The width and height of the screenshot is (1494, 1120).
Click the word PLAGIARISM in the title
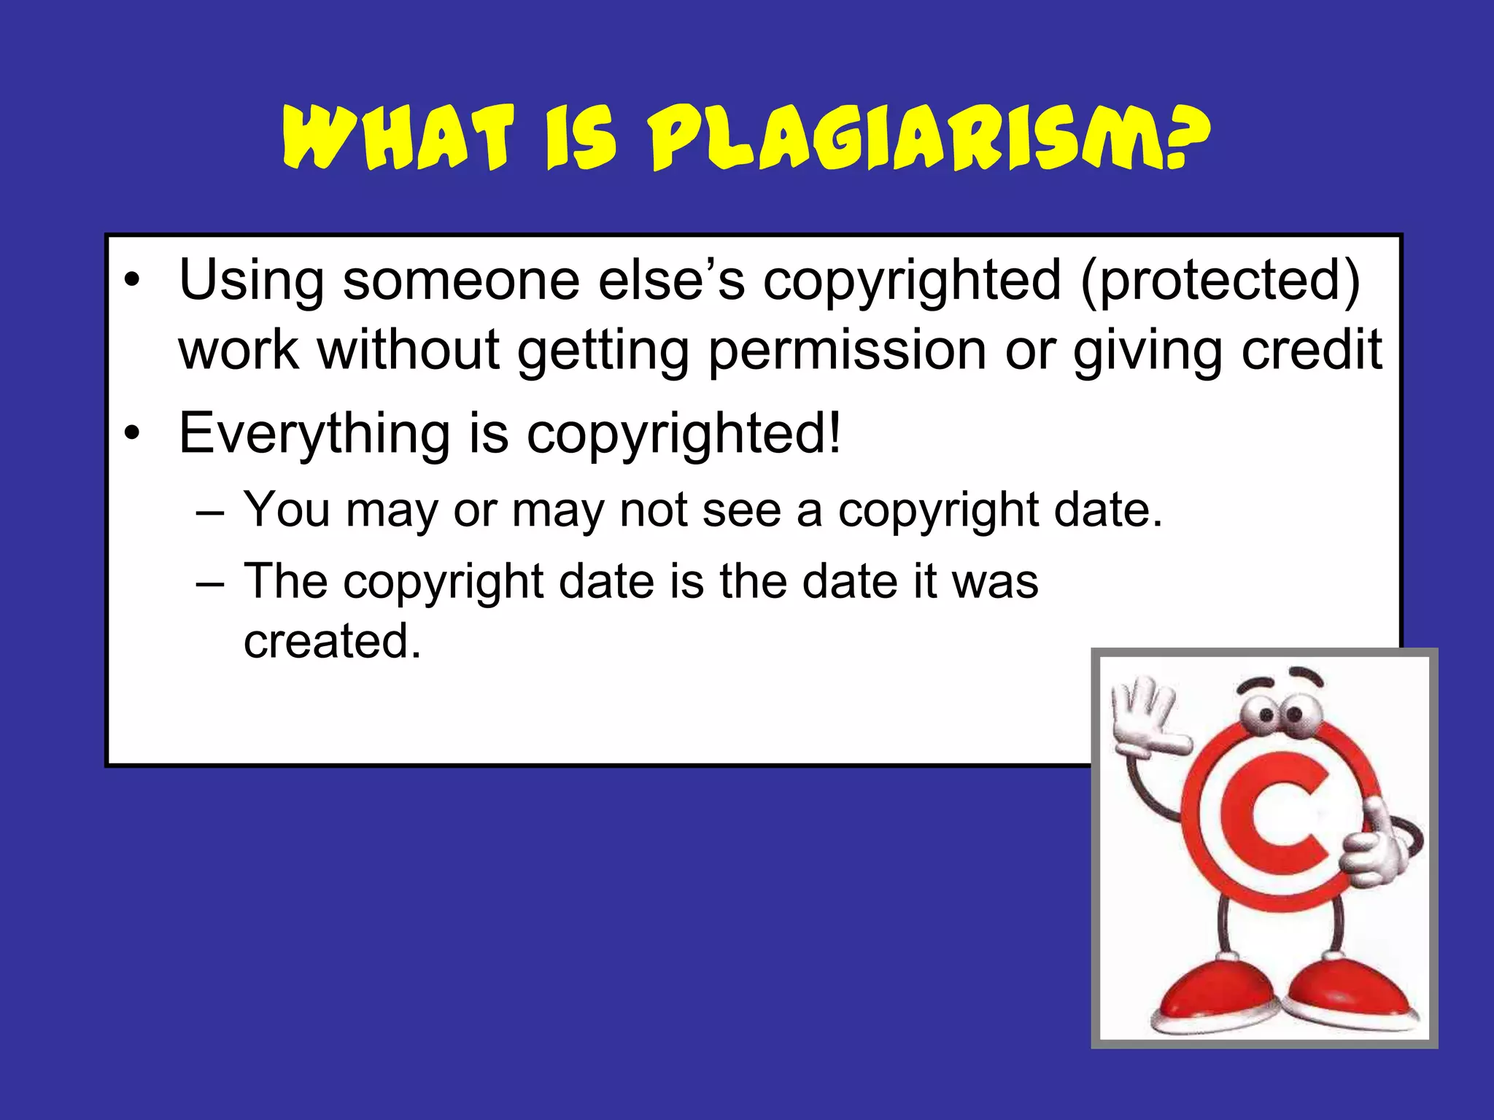[905, 139]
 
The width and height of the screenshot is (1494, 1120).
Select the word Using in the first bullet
[252, 281]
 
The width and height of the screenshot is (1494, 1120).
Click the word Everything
[314, 434]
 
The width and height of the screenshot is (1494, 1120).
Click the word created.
[333, 641]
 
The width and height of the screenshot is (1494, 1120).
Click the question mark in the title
[1185, 139]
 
